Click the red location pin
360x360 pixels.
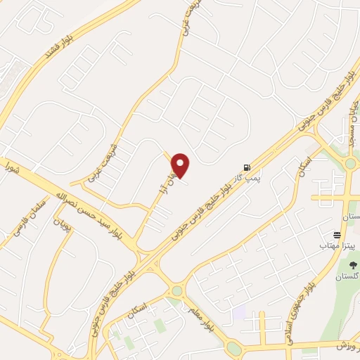[181, 165]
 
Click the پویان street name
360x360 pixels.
[64, 227]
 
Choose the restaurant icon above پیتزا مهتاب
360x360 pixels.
[337, 235]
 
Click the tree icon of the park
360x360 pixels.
[352, 266]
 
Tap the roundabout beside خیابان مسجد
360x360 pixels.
[349, 165]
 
